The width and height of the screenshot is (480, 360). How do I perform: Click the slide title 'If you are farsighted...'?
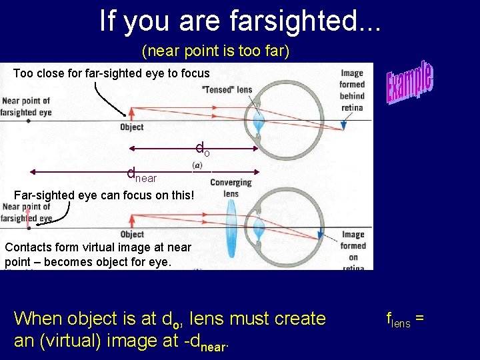[240, 21]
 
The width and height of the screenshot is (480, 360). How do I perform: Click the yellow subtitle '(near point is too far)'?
[215, 51]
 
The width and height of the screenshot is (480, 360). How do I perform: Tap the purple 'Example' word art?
[410, 83]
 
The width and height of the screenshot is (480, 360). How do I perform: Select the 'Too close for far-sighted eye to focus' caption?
[111, 73]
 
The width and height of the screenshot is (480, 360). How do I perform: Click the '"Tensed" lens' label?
[226, 90]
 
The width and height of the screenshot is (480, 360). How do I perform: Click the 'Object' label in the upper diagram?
[132, 127]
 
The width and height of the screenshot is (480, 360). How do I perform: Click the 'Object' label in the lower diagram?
[132, 234]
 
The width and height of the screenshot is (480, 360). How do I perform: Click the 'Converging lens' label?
[231, 187]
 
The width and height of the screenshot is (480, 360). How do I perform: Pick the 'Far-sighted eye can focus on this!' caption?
[105, 196]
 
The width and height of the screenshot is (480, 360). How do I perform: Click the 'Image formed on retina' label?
[353, 249]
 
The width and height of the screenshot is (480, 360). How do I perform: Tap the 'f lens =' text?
[405, 319]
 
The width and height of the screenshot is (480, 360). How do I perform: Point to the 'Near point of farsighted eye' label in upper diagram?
[27, 107]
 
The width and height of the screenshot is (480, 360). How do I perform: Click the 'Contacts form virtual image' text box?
[98, 255]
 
